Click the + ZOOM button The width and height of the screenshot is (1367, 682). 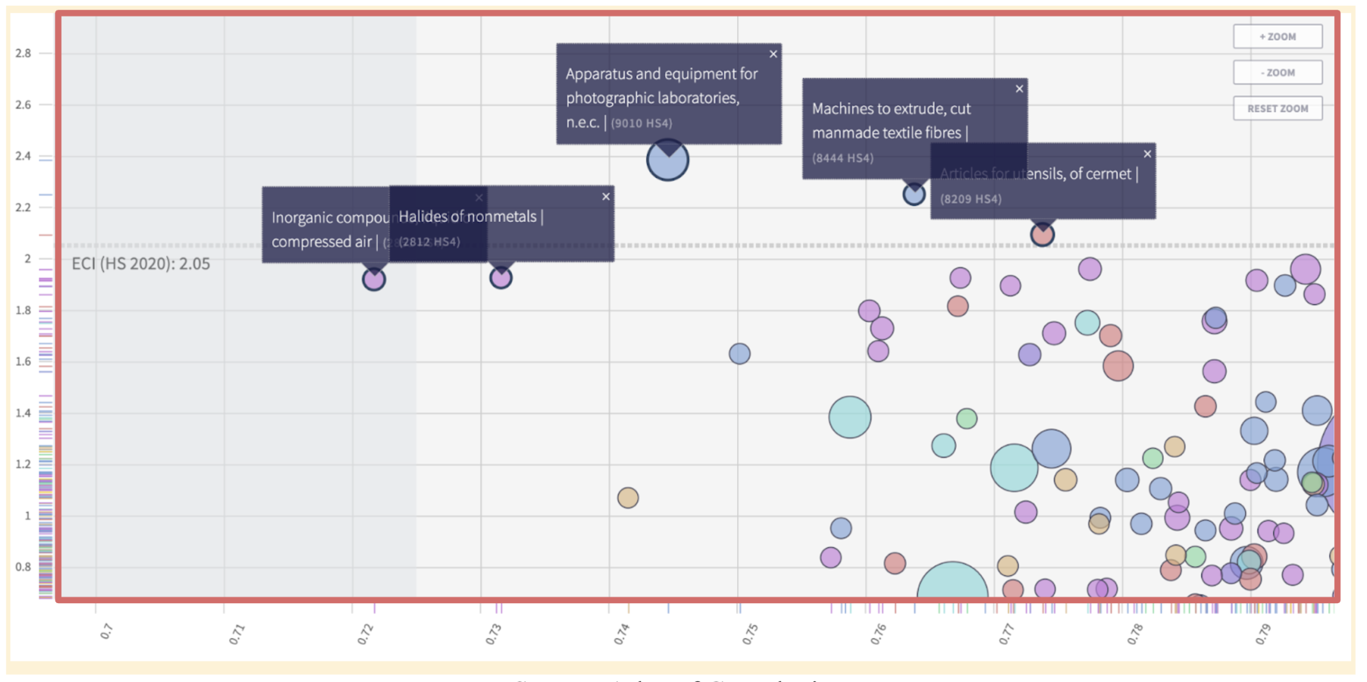pos(1277,37)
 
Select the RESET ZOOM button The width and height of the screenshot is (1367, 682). pos(1277,109)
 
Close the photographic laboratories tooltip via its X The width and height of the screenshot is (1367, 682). pos(773,54)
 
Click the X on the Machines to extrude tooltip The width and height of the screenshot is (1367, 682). pos(1019,89)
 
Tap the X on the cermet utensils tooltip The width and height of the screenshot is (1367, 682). pos(1147,154)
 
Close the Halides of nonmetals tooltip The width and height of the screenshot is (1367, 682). pos(606,196)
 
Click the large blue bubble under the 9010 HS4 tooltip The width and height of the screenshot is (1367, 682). pos(668,161)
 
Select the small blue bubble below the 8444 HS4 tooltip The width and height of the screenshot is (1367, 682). pos(914,195)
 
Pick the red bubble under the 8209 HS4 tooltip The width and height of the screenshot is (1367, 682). pos(1042,235)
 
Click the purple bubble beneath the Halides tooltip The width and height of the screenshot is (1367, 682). pos(501,278)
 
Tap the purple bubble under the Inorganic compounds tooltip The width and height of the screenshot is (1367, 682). pos(374,279)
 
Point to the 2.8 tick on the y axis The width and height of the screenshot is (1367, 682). pos(23,53)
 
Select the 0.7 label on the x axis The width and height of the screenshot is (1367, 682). pos(107,631)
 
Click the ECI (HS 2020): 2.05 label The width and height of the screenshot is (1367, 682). pos(140,264)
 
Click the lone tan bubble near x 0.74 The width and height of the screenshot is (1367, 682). pos(628,498)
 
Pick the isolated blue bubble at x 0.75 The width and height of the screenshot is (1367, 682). pos(739,354)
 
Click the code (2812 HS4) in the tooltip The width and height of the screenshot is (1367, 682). pos(429,242)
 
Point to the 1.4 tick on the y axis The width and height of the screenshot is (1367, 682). pos(23,413)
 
